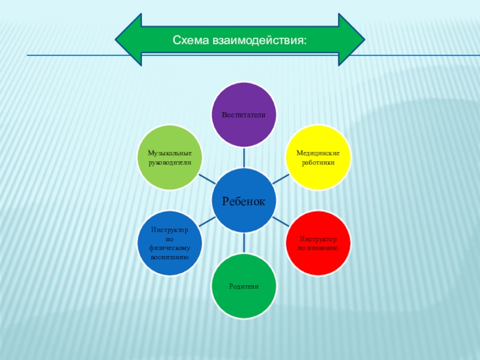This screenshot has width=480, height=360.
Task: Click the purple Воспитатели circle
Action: pyautogui.click(x=244, y=115)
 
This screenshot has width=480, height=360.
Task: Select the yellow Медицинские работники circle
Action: pyautogui.click(x=318, y=158)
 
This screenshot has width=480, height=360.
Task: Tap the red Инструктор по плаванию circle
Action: pyautogui.click(x=318, y=242)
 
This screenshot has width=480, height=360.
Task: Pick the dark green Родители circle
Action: pyautogui.click(x=244, y=286)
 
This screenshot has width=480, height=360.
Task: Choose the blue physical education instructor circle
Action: pyautogui.click(x=170, y=243)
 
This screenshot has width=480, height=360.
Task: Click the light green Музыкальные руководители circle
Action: pyautogui.click(x=170, y=158)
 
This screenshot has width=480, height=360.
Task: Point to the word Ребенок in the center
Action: pyautogui.click(x=244, y=201)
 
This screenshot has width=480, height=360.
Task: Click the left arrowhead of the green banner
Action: pyautogui.click(x=127, y=40)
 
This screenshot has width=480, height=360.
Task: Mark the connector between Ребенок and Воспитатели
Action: pyautogui.click(x=244, y=157)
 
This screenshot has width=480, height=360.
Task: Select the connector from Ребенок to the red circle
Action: pyautogui.click(x=281, y=222)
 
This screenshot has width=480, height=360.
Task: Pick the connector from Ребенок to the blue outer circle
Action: pyautogui.click(x=206, y=223)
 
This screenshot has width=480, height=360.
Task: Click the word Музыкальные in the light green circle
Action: pyautogui.click(x=170, y=154)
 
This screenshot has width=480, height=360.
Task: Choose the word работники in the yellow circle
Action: pyautogui.click(x=318, y=163)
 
